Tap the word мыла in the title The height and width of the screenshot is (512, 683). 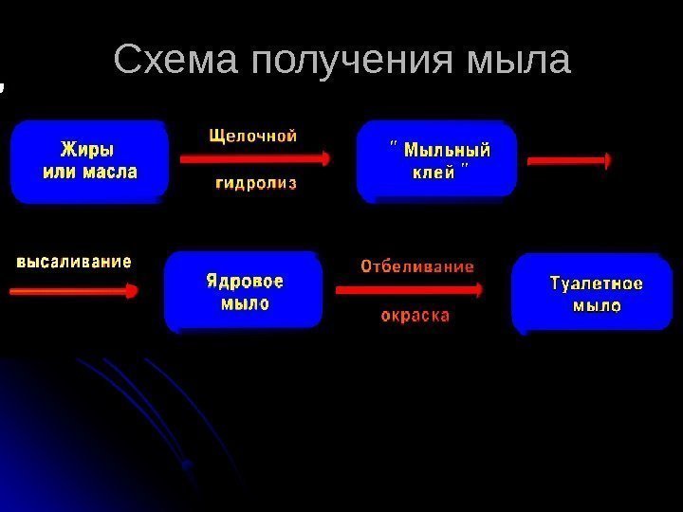pyautogui.click(x=521, y=61)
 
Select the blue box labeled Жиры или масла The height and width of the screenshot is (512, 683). pyautogui.click(x=89, y=161)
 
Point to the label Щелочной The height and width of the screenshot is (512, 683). pyautogui.click(x=252, y=136)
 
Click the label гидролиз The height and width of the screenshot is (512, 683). pyautogui.click(x=256, y=182)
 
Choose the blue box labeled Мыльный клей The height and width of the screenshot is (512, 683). pyautogui.click(x=436, y=160)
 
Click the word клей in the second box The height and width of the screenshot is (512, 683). pyautogui.click(x=432, y=173)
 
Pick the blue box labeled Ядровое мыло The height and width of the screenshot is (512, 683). pyautogui.click(x=243, y=292)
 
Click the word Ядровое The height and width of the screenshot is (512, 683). pyautogui.click(x=245, y=282)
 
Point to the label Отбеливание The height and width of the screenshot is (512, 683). pyautogui.click(x=416, y=267)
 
